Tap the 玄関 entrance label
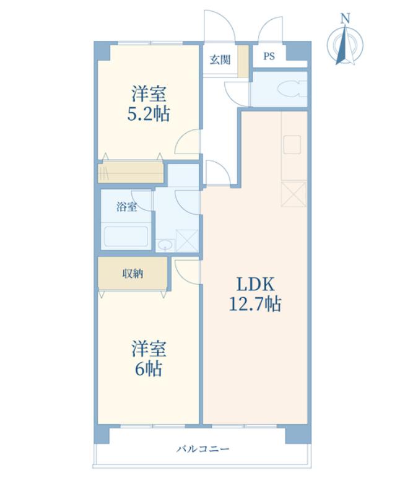(219, 59)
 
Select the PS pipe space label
(269, 57)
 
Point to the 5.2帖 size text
(148, 114)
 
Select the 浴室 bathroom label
(127, 207)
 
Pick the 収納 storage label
(133, 273)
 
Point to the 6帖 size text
(149, 369)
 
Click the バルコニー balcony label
(202, 448)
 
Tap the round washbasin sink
(164, 246)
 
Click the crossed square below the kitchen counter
(294, 193)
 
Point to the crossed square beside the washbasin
(187, 240)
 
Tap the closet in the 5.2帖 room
(131, 172)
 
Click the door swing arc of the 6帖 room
(185, 267)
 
